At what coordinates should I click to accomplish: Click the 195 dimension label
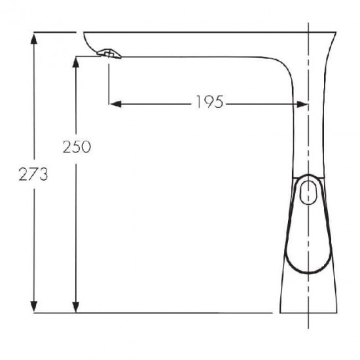(209, 101)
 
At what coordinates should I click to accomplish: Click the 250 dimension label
(77, 147)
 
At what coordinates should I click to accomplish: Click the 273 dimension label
(33, 174)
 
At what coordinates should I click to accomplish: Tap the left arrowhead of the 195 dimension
(115, 104)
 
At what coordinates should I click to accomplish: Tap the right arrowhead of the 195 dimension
(302, 105)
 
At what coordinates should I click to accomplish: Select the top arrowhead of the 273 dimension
(34, 38)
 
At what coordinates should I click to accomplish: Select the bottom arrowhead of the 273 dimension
(34, 306)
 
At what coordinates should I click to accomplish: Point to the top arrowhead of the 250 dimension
(76, 62)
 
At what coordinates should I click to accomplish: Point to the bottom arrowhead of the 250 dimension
(76, 306)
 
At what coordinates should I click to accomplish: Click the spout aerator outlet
(109, 54)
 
